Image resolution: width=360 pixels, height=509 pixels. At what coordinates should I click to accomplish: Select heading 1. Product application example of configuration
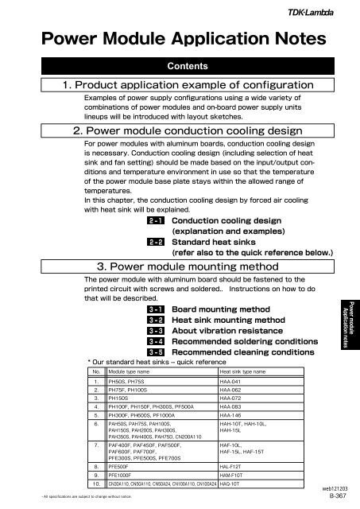click(180, 86)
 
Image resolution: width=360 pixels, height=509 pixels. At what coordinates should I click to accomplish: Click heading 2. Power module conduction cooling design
click(180, 131)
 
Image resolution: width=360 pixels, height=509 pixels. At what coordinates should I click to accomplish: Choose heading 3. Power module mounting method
click(180, 266)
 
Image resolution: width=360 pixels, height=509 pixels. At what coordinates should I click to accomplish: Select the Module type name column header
click(132, 371)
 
